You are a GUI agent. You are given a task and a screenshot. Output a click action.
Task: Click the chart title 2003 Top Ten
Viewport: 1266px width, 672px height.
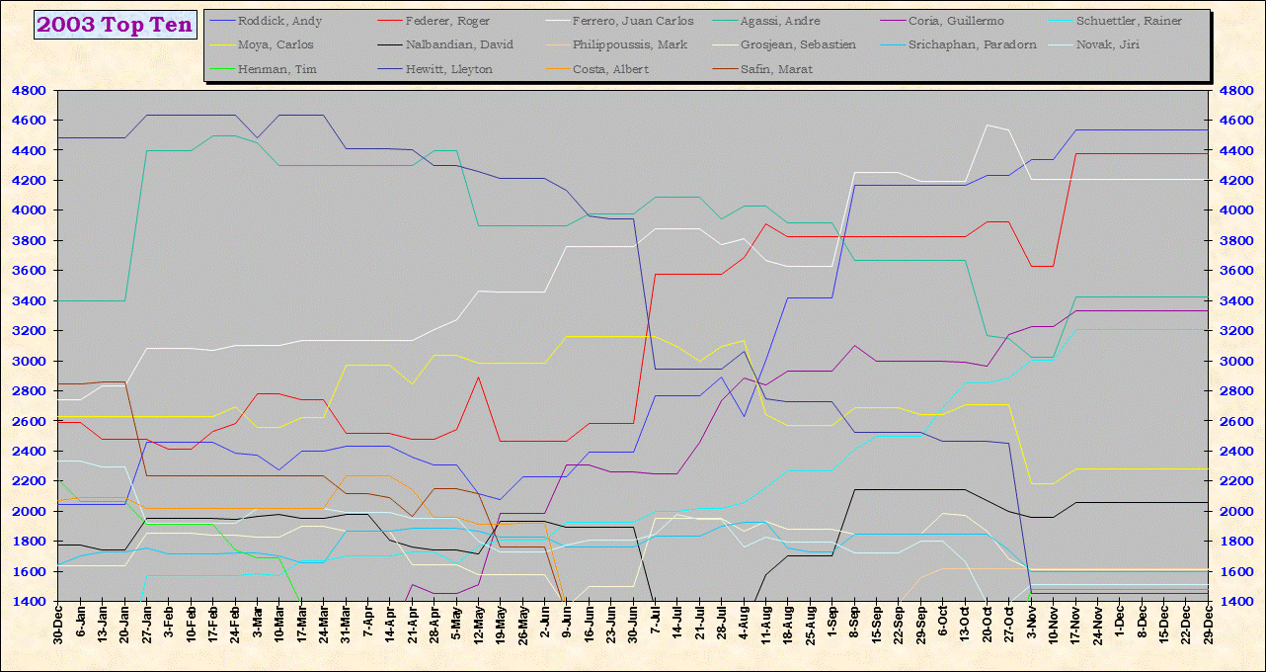pos(115,25)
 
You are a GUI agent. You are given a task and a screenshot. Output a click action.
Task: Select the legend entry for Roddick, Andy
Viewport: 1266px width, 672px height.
pos(279,21)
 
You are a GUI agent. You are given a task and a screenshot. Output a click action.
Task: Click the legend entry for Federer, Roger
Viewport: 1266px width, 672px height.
pos(447,21)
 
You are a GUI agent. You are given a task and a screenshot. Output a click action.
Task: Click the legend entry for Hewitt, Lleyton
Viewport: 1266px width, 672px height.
pos(449,69)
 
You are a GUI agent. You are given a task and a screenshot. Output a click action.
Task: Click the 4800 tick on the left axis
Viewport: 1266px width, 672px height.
pos(27,90)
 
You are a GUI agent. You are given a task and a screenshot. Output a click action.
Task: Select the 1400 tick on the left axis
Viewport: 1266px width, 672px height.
pos(27,601)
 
